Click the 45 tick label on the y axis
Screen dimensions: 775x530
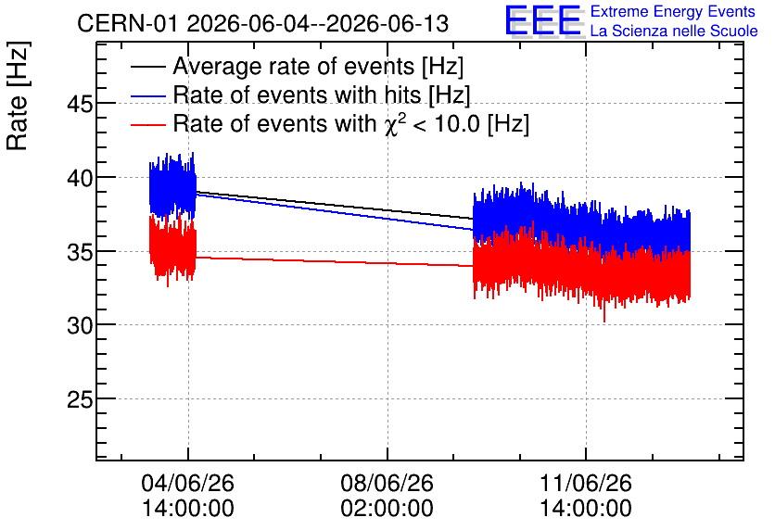[79, 104]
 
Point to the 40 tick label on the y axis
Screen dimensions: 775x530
[79, 178]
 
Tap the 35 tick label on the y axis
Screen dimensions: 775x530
[79, 252]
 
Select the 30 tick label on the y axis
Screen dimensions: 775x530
[79, 325]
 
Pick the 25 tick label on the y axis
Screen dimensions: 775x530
[79, 399]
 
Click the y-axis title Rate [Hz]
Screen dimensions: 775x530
[18, 95]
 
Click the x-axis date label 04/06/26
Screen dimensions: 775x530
[188, 483]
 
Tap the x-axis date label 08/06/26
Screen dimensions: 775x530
[387, 483]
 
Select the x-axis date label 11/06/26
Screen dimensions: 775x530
[586, 483]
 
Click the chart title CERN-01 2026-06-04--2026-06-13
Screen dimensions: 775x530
[263, 23]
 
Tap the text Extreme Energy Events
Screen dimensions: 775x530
[673, 11]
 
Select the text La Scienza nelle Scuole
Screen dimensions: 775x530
[674, 31]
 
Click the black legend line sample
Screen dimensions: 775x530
[148, 67]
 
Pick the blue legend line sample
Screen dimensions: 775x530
[148, 95]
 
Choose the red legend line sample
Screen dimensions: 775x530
[148, 124]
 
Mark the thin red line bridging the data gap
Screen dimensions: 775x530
[335, 261]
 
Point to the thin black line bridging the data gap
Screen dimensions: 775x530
[335, 205]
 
